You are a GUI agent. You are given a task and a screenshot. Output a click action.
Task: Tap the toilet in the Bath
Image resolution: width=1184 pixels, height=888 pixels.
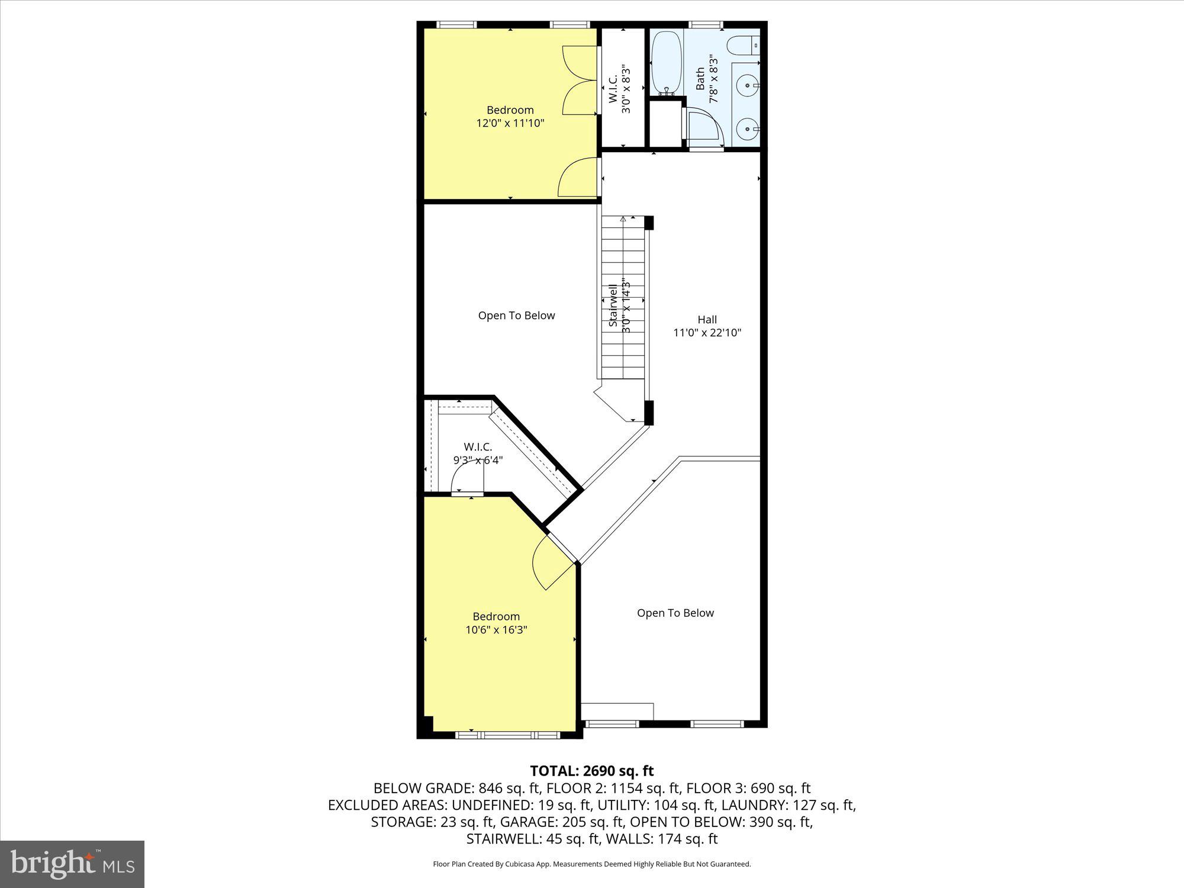coord(742,45)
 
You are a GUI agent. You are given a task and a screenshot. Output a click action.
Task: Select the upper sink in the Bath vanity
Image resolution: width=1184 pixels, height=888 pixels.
coord(748,85)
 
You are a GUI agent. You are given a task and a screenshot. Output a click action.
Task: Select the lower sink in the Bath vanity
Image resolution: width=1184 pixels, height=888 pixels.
coord(748,127)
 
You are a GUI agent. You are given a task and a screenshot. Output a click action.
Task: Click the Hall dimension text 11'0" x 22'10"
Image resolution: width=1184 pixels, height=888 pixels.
coord(707,333)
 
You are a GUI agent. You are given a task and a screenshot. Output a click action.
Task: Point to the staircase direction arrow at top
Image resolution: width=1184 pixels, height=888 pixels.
coord(623,220)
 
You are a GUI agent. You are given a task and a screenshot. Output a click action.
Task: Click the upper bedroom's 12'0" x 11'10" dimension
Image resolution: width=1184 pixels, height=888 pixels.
coord(510,124)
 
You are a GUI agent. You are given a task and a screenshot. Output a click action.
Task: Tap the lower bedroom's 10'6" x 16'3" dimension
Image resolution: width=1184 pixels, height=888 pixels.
coord(496,630)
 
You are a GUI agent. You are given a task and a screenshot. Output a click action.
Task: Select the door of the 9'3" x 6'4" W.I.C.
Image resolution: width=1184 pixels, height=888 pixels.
coord(468,477)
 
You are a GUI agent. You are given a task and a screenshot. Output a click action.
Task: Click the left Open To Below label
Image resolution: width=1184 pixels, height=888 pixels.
coord(516,316)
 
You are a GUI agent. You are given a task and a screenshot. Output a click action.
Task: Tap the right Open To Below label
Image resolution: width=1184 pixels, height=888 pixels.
coord(675,613)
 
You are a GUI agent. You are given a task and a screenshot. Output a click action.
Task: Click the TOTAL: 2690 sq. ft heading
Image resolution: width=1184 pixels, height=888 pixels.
coord(591,771)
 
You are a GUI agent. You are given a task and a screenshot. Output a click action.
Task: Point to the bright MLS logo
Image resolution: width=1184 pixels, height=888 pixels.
coord(72,864)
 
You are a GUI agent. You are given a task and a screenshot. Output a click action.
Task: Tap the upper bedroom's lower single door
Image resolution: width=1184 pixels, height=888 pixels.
coord(577,178)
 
